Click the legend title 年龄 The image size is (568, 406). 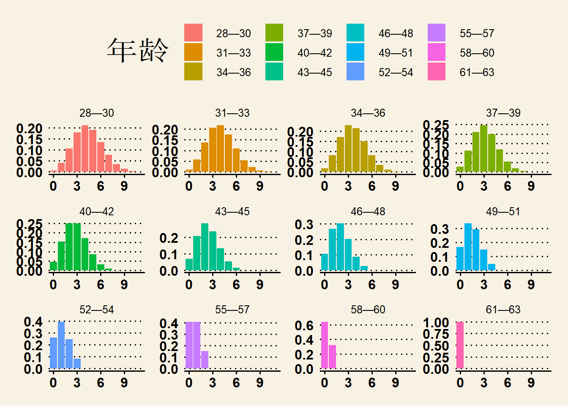(137, 50)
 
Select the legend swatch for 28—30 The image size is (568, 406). (193, 33)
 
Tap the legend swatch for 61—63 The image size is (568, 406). (437, 72)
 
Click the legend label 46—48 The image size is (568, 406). (396, 33)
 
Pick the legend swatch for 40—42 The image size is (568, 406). (274, 52)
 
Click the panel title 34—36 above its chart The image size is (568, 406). (368, 113)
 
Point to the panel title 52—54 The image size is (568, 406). (96, 310)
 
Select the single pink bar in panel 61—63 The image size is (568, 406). (460, 345)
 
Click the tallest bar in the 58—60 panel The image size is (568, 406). (324, 345)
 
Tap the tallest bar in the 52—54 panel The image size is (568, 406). (61, 345)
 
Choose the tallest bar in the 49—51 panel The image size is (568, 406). (468, 247)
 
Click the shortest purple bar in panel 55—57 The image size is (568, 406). (205, 360)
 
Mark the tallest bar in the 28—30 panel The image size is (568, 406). (85, 148)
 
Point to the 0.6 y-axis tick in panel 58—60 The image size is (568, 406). (304, 326)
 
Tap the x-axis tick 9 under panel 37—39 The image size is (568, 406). (531, 186)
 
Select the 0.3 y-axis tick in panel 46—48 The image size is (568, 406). (304, 225)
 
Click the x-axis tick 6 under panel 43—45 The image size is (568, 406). (236, 285)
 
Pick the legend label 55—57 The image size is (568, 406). (477, 33)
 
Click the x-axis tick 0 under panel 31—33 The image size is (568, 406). (189, 186)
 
